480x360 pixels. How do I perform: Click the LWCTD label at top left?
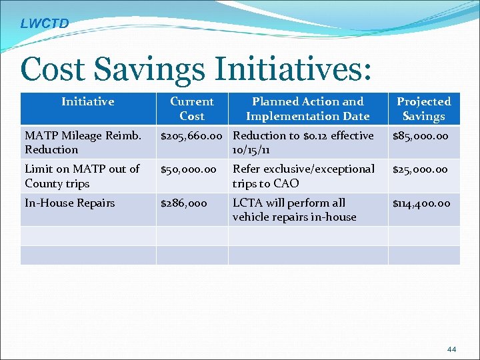coord(44,24)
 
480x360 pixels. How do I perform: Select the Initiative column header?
coord(88,102)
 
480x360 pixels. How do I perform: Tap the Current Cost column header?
coord(192,109)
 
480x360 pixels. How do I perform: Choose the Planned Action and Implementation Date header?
coord(307,109)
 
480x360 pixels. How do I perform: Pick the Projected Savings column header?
coord(423,109)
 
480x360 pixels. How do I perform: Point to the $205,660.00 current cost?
coord(193,136)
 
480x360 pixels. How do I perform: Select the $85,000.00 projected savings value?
coord(421,136)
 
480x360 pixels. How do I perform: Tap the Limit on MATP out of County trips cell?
coord(82,176)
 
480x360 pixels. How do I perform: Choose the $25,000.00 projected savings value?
coord(421,169)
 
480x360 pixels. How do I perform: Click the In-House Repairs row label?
coord(70,203)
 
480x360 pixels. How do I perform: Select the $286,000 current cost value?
coord(184,203)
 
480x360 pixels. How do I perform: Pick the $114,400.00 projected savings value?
coord(421,203)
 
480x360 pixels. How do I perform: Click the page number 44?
coord(451,349)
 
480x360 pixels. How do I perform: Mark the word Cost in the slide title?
coord(53,69)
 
